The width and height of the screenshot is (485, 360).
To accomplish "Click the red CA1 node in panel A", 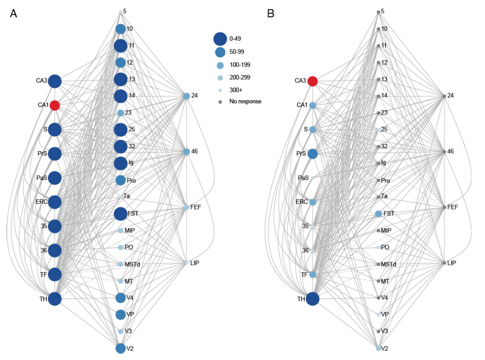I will click(x=55, y=105).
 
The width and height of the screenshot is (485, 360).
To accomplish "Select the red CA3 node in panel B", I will click(x=312, y=81).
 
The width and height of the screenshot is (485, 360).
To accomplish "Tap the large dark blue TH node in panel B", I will click(x=312, y=299).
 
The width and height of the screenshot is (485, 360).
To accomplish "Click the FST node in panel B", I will click(x=378, y=214).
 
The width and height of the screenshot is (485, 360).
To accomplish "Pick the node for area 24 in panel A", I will click(x=187, y=96).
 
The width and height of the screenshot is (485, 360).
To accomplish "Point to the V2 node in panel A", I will click(x=120, y=348).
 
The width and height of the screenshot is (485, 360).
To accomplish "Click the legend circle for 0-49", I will click(x=220, y=39).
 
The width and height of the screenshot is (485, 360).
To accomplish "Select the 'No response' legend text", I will click(x=245, y=101).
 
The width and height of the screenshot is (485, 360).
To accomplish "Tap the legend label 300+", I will click(x=235, y=90).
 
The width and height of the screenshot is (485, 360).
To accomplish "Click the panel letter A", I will click(x=13, y=14).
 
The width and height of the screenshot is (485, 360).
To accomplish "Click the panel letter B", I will click(x=271, y=14).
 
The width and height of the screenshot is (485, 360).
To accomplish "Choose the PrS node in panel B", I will click(x=312, y=154).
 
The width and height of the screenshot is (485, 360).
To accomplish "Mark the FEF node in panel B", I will click(x=444, y=208).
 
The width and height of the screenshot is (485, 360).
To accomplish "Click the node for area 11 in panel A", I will click(x=120, y=45).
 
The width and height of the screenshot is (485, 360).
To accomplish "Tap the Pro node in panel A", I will click(x=120, y=180).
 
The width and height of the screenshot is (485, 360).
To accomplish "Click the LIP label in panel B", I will click(x=452, y=263).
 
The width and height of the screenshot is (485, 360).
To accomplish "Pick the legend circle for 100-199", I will click(x=220, y=65).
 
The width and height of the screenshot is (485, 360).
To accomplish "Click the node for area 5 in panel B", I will click(x=378, y=12).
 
